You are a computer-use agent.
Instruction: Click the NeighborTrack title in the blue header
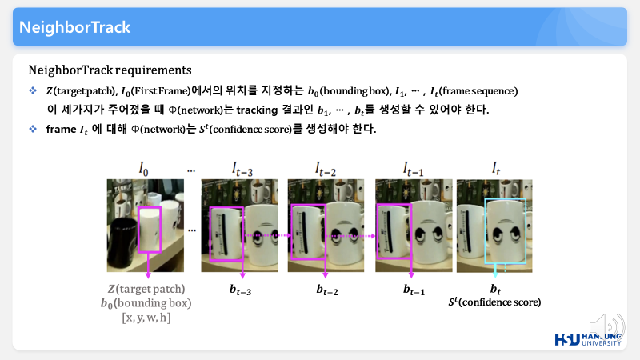point(74,27)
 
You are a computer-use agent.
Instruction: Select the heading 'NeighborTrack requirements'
point(110,70)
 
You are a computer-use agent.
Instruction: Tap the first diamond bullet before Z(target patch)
point(33,90)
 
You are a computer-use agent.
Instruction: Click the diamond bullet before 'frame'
point(33,129)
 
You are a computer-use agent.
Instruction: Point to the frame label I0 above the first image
point(143,169)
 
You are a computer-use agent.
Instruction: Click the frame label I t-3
point(242,170)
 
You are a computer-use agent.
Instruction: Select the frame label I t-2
point(326,170)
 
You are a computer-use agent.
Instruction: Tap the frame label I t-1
point(413,170)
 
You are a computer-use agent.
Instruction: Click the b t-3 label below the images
point(240,290)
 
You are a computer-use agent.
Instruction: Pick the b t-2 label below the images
point(327,290)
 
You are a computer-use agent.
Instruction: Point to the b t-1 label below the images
point(414,290)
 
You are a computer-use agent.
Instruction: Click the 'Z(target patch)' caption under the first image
point(146,289)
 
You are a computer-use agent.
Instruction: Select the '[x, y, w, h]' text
point(146,317)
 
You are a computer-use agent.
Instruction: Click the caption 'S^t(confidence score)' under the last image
point(494,302)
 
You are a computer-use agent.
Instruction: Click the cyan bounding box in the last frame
point(485,231)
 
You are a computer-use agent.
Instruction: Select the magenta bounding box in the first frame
point(138,230)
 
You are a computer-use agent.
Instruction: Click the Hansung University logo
point(588,339)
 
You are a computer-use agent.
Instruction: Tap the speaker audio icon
point(606,326)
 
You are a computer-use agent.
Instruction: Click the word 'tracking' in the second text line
point(257,110)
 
